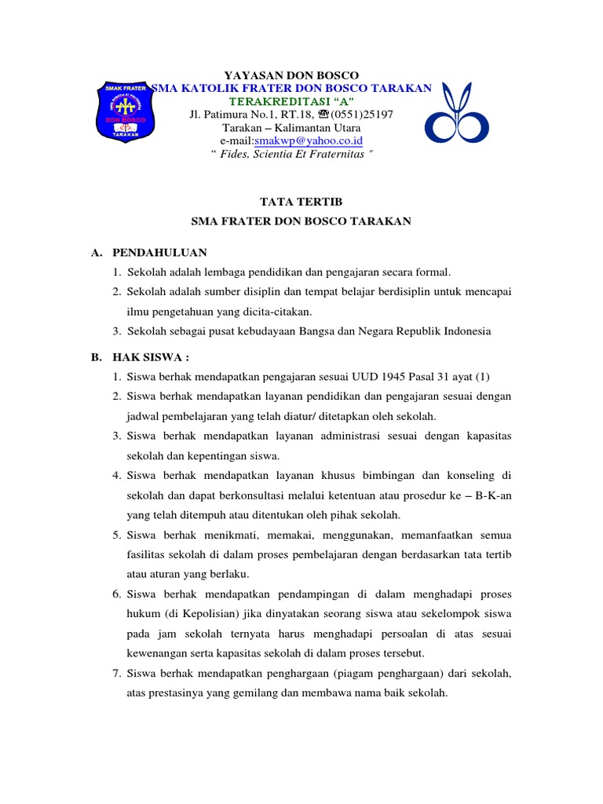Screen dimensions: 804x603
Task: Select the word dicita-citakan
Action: (x=266, y=311)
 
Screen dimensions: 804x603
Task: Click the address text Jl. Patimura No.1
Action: (x=239, y=115)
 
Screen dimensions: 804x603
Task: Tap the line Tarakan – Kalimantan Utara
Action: (x=291, y=128)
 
